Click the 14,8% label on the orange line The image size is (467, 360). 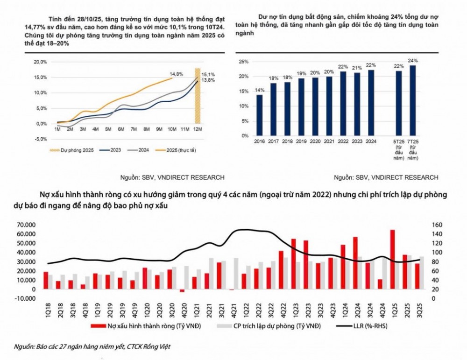176,74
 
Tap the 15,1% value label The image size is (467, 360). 208,75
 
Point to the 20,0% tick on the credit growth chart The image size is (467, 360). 41,62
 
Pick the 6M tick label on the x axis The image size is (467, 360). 120,129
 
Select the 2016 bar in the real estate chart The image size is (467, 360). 260,115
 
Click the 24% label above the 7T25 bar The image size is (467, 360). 412,61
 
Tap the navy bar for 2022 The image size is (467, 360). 343,104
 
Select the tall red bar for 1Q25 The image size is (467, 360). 393,260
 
